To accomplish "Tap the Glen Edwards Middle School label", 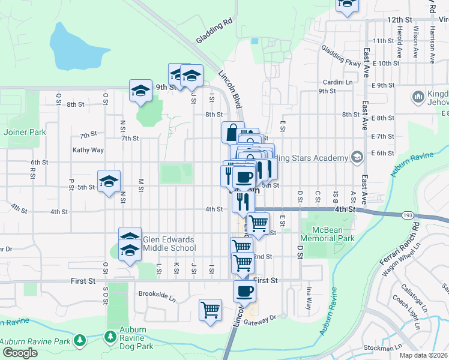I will click(x=169, y=244).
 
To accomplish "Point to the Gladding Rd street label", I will click(x=213, y=31).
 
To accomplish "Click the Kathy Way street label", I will click(x=88, y=150).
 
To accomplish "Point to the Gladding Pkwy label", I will click(x=340, y=56).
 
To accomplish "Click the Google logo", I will click(x=20, y=353).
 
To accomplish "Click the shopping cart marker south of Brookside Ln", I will click(x=210, y=310).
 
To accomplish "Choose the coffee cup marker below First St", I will click(x=244, y=292).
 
